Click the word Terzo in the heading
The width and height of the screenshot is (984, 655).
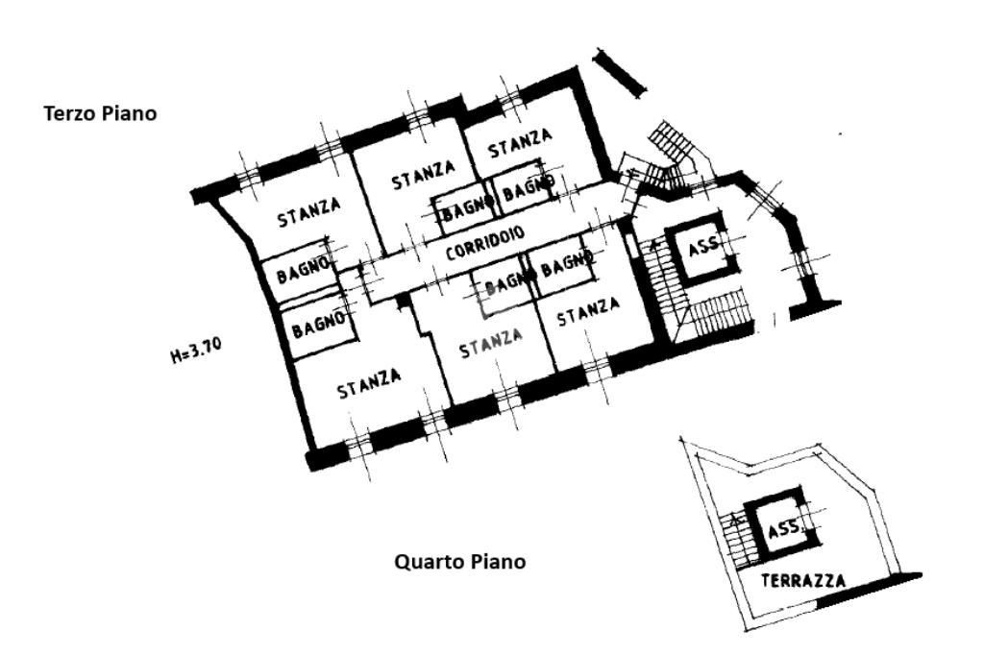pos(68,114)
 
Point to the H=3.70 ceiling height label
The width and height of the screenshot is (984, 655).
pos(195,351)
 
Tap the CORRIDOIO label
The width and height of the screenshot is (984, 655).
pos(484,243)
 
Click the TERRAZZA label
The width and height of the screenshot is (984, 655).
pos(803,580)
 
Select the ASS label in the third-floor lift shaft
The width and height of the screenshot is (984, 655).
pos(702,248)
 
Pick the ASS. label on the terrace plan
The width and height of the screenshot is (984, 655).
pos(785,527)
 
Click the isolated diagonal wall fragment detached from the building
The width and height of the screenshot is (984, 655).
pos(620,71)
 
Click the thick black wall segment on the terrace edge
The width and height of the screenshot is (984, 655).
pos(869,589)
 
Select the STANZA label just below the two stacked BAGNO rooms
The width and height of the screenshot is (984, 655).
pos(369,382)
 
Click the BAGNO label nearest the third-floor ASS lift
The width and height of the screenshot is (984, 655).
pos(567,263)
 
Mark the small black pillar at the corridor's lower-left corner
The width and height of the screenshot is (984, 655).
pos(403,303)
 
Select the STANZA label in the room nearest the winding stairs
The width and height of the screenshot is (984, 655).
pos(520,143)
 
